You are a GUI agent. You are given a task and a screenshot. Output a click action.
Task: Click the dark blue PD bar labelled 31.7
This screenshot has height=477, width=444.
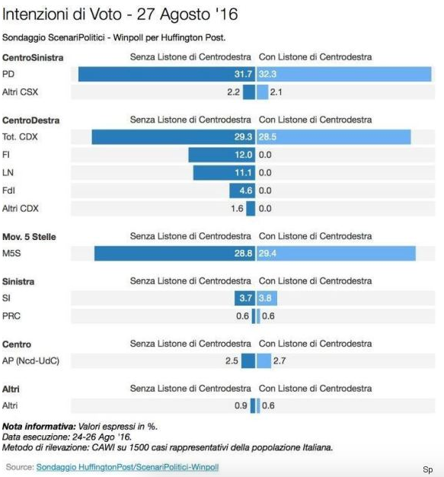167,74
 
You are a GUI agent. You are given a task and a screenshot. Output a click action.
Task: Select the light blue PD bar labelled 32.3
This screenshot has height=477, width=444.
344,74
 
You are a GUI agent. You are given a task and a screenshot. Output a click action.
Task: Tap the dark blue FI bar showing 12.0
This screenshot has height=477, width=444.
222,155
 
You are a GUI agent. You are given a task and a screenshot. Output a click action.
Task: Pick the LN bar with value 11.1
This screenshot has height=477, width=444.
224,172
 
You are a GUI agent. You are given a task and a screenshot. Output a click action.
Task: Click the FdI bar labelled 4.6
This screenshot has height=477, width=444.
242,190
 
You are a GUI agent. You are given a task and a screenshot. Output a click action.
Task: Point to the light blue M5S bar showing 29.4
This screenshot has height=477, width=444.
336,254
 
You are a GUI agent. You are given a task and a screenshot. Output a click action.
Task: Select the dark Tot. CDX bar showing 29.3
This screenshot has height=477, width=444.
174,137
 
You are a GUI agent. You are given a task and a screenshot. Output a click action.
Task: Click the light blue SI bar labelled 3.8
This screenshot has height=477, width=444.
267,298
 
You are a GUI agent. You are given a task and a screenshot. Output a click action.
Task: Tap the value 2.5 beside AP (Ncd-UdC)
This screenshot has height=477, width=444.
232,360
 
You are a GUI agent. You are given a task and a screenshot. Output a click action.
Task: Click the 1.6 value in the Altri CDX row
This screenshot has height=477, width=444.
237,208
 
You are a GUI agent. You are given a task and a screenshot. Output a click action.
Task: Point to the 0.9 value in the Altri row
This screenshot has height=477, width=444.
241,405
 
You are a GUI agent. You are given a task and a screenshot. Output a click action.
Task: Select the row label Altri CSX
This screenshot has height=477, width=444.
20,92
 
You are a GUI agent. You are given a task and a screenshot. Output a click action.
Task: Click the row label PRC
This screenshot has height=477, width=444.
11,315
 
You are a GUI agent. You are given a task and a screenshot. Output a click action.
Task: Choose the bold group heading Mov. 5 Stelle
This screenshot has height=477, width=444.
29,237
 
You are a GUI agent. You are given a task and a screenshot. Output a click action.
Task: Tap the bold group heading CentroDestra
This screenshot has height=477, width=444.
30,120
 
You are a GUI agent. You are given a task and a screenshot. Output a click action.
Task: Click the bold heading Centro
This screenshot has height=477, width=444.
17,344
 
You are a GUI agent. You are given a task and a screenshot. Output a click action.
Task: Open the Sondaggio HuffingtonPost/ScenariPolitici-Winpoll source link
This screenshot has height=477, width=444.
127,467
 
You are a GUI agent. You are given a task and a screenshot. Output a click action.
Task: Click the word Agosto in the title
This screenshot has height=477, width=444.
184,14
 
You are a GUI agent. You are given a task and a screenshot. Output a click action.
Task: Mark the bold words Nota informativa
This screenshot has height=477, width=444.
39,427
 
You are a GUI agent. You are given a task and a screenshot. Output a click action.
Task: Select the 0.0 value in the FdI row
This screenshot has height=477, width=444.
265,190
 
